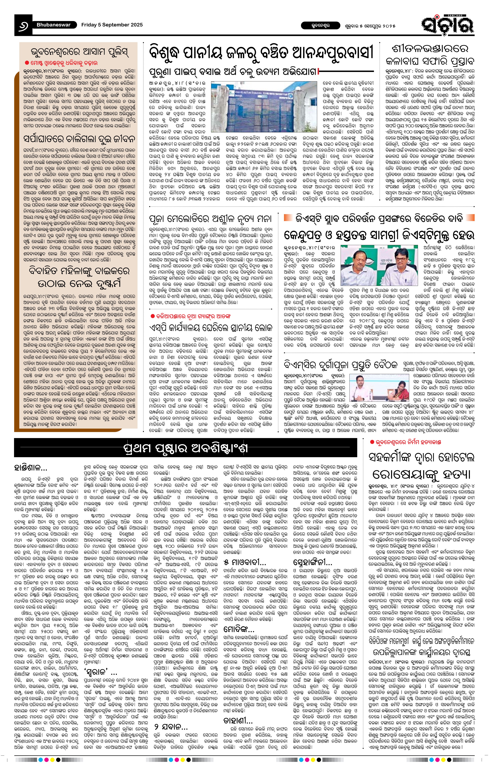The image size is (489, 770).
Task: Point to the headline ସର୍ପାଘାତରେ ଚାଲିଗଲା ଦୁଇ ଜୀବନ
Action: [x=79, y=139]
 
